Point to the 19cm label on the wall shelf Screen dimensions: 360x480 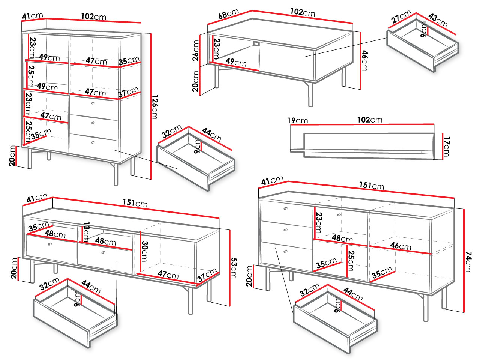pyautogui.click(x=297, y=120)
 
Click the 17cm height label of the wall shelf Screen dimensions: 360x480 pyautogui.click(x=446, y=146)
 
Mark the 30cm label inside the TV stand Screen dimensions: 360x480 pyautogui.click(x=144, y=251)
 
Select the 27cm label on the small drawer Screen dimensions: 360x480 pyautogui.click(x=400, y=17)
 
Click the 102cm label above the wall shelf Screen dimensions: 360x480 pyautogui.click(x=369, y=120)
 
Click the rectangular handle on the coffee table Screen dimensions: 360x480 pyautogui.click(x=256, y=44)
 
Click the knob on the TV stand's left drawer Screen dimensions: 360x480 pyautogui.click(x=49, y=244)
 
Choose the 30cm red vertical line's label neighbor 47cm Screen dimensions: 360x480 pyautogui.click(x=168, y=274)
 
